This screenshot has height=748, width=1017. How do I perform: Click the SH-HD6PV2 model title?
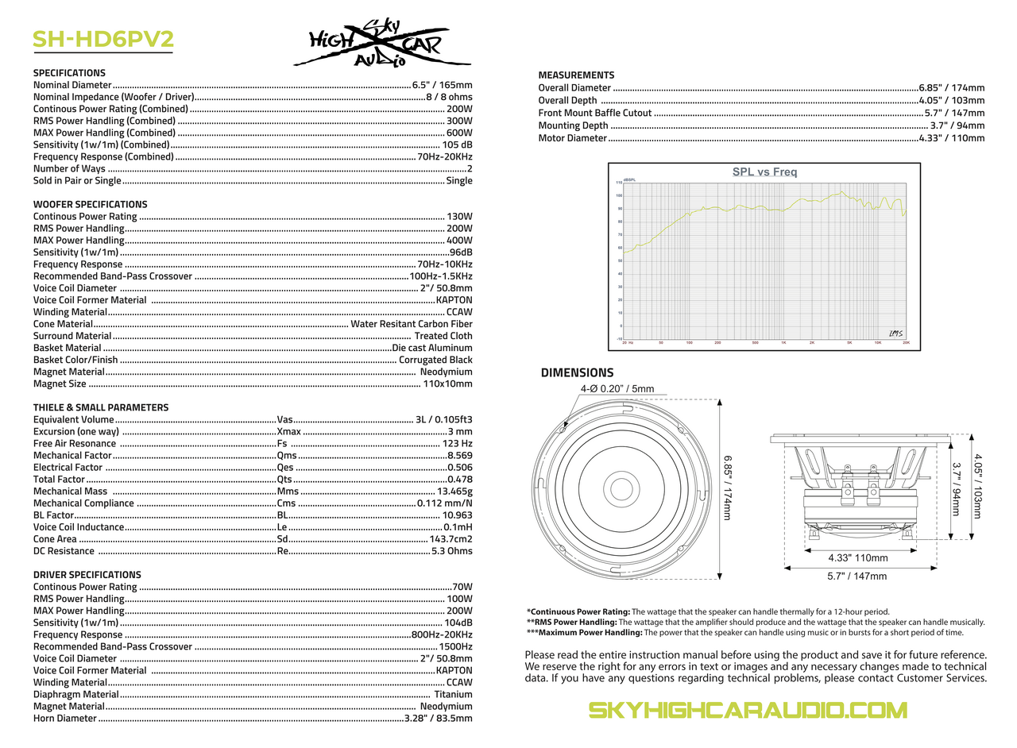coord(102,39)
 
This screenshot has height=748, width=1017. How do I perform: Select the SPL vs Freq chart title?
coord(764,172)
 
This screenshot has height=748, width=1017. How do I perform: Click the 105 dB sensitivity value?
coord(457,145)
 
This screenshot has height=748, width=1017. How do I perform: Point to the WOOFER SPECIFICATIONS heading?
coord(90,204)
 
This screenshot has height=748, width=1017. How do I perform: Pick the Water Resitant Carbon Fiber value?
coord(412,324)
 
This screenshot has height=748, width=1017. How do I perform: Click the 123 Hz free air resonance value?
coord(457,444)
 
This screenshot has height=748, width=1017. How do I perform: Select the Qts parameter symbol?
coord(285,480)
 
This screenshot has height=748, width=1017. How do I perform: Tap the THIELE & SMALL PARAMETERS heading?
coord(101,407)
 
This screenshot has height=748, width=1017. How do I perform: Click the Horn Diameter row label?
coord(65,719)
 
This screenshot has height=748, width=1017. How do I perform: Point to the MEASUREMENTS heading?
coord(576,75)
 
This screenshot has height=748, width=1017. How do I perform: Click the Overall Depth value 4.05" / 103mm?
coord(951,100)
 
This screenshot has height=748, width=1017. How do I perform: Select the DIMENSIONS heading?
coord(577,372)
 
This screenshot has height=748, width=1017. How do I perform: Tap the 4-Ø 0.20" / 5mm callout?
coord(617,388)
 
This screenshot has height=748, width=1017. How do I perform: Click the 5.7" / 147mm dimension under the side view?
coord(857,576)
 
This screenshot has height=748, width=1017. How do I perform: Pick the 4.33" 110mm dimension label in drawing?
coord(857,558)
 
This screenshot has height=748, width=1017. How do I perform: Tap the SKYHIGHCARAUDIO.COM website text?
coord(747,710)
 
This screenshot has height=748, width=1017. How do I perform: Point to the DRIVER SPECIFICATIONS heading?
coord(87,575)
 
